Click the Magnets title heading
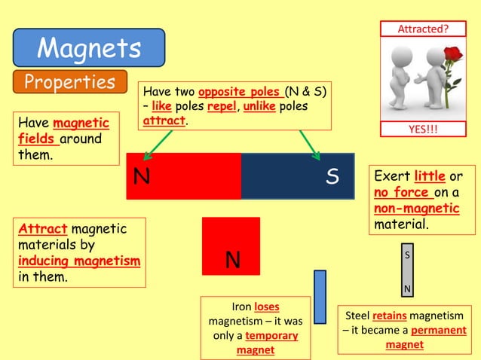[89, 48]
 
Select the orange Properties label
[69, 81]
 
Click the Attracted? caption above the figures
[422, 29]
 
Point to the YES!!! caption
[422, 129]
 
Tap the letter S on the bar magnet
[332, 176]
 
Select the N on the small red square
[233, 261]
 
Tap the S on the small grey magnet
[408, 255]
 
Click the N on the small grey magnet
[408, 289]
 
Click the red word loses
[267, 307]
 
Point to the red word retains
[389, 316]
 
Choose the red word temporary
[271, 336]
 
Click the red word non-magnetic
[416, 209]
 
